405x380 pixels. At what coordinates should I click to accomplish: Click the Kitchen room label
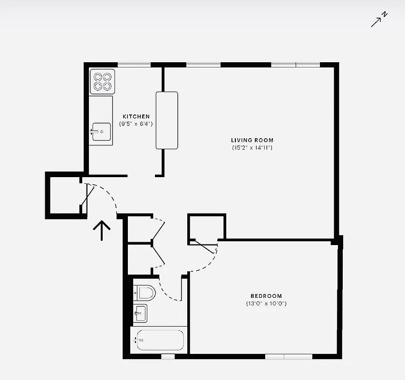[x=136, y=116]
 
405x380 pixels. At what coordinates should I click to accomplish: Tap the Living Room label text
[x=252, y=140]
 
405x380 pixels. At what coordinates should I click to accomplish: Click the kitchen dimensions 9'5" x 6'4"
[x=136, y=123]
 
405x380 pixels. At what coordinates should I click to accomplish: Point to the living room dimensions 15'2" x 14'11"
[x=252, y=148]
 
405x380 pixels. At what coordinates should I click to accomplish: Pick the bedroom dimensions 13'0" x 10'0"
[x=266, y=303]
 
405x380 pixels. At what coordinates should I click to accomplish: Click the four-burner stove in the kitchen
[x=102, y=81]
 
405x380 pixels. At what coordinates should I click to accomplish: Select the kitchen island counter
[x=167, y=120]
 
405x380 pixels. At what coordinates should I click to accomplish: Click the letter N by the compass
[x=385, y=15]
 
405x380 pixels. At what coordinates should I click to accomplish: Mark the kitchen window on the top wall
[x=134, y=65]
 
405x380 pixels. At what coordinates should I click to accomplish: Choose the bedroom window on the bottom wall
[x=288, y=356]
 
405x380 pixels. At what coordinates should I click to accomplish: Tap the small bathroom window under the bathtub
[x=167, y=356]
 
